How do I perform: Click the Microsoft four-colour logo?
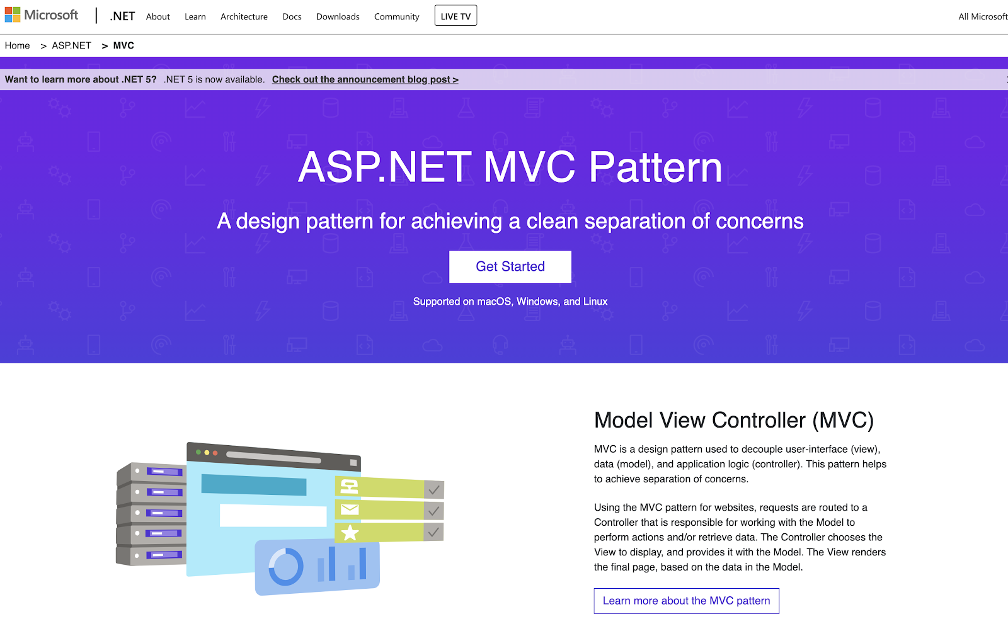point(13,15)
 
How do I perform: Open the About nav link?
point(157,16)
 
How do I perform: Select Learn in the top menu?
point(195,16)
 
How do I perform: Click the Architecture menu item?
point(244,16)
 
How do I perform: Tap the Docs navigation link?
point(292,16)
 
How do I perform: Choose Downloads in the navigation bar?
point(338,16)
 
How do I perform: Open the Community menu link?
point(396,16)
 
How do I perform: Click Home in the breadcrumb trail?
point(17,45)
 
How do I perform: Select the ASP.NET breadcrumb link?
point(71,45)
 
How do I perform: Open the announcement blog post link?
point(365,79)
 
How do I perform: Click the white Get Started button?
point(510,267)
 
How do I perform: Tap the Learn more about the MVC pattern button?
point(686,601)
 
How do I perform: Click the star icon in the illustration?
point(350,533)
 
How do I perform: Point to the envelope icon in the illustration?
point(350,509)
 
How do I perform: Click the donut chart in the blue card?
point(286,566)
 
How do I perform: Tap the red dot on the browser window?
point(215,453)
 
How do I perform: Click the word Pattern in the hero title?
point(655,167)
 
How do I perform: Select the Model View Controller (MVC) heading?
point(733,420)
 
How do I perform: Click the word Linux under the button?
point(595,302)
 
